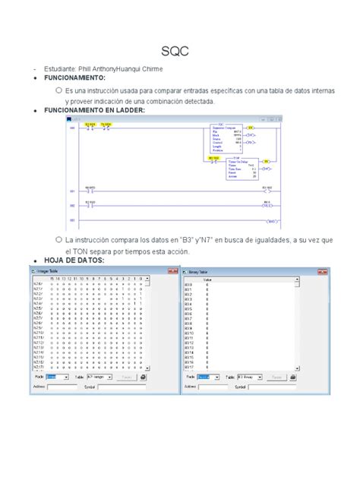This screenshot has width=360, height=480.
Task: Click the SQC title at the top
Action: (179, 52)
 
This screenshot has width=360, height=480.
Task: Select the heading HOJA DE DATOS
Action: (75, 261)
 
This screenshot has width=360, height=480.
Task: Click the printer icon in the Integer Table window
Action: (143, 376)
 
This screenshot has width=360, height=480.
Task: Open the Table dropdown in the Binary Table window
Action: (250, 376)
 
